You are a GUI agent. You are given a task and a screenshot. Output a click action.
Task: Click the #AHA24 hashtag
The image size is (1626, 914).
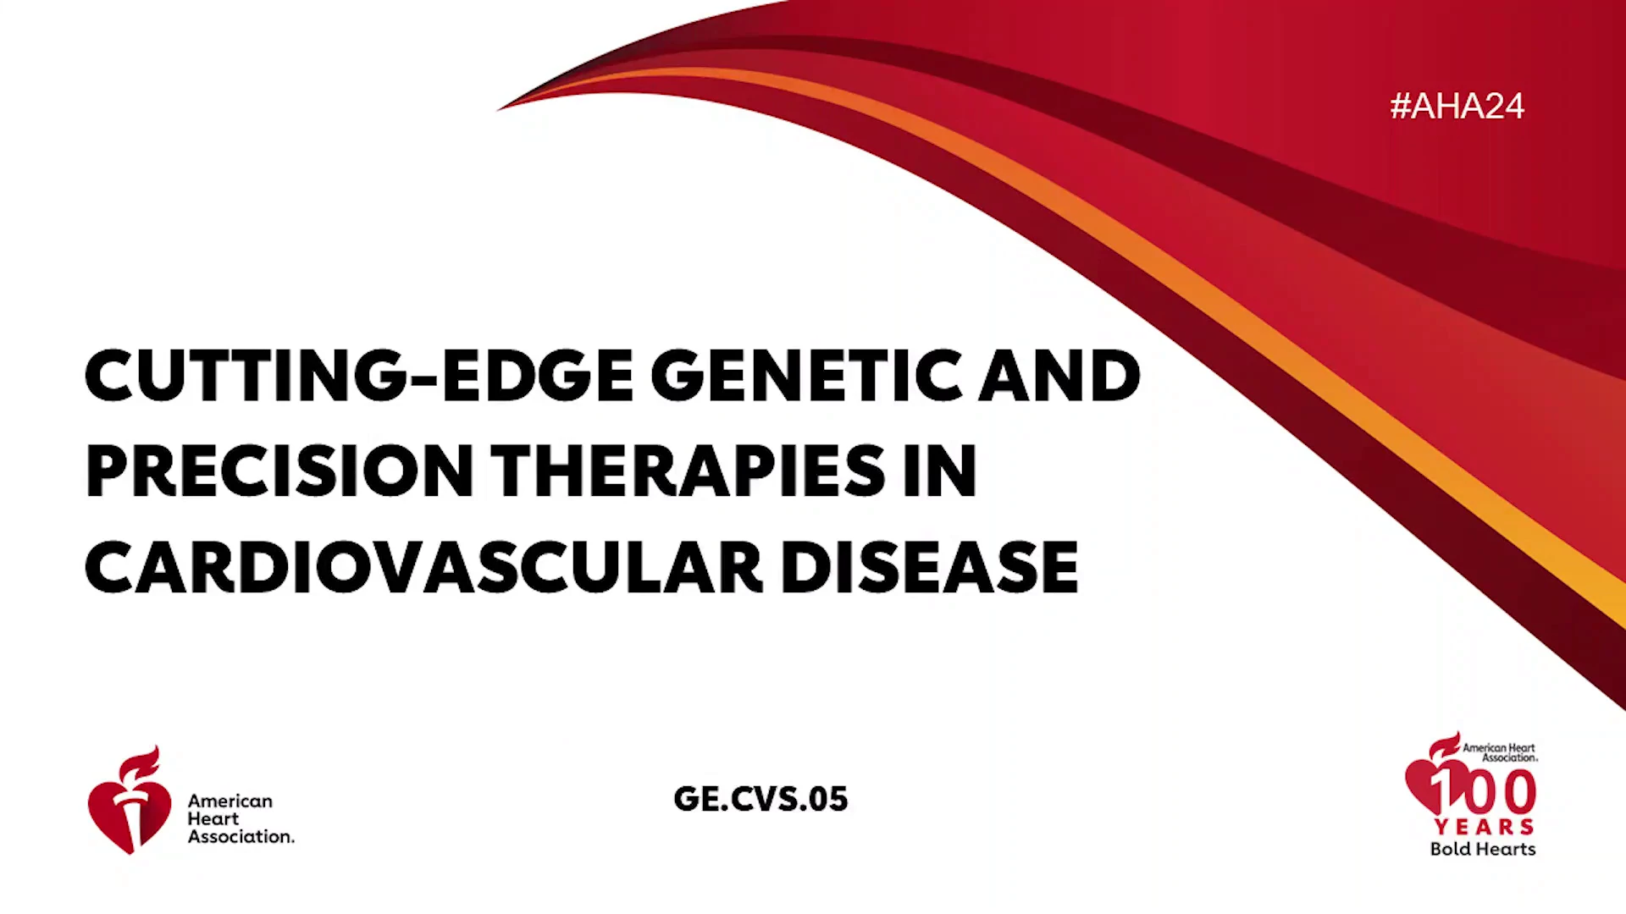[x=1457, y=106]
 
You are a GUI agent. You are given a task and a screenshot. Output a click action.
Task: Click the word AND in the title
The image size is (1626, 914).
[x=1060, y=375]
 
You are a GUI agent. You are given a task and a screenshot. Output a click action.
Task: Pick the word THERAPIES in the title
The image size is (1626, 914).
[x=689, y=471]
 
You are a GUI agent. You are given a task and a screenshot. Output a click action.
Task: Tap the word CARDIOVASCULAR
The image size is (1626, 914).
[x=423, y=567]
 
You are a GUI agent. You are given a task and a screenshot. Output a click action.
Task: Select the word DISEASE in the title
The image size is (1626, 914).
[x=929, y=567]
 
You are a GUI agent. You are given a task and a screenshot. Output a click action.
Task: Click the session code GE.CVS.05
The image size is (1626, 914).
[x=760, y=799]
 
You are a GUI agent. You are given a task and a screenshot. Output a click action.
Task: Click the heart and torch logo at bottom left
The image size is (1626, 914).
[x=130, y=800]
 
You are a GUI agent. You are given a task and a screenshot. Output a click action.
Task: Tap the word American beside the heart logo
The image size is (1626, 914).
[x=230, y=801]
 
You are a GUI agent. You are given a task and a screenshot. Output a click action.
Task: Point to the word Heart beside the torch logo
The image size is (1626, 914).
[x=213, y=818]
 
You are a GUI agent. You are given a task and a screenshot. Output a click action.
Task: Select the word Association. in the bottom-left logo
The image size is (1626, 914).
[x=241, y=836]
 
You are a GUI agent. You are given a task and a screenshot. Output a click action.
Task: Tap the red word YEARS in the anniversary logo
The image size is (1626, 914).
[x=1484, y=827]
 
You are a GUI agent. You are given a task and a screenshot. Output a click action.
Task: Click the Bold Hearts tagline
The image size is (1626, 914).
[x=1483, y=849]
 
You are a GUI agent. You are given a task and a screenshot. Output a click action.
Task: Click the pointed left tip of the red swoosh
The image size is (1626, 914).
[x=498, y=110]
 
